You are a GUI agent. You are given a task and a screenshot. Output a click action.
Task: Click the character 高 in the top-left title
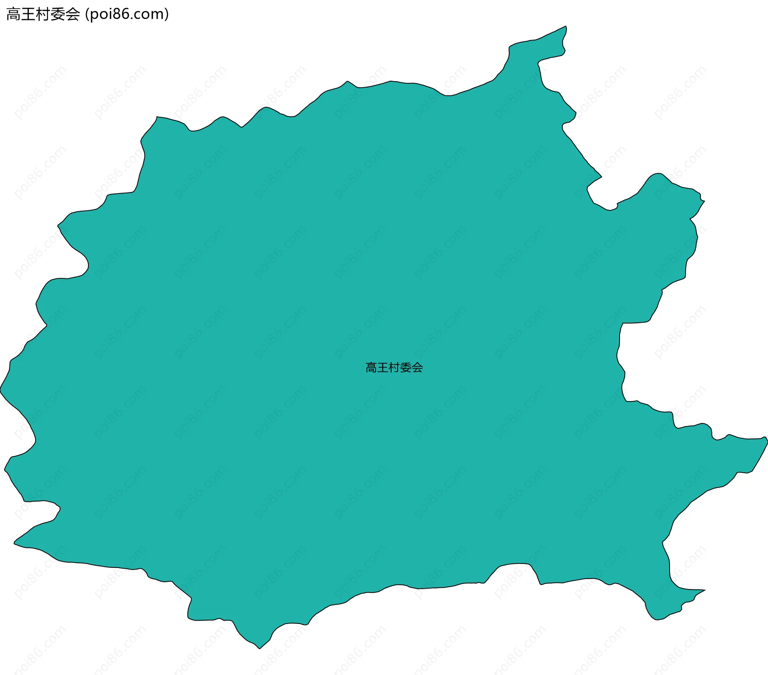coord(14,14)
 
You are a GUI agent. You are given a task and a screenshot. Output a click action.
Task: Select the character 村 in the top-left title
coord(43,14)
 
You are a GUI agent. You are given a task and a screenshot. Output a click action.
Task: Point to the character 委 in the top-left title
coord(58,14)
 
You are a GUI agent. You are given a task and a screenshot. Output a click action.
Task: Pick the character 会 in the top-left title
coord(73,14)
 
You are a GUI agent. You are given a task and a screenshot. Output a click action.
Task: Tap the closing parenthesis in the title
coord(166,14)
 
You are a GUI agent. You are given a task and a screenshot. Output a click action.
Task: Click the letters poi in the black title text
coord(100,14)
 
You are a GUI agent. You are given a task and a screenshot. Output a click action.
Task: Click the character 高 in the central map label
coord(371,367)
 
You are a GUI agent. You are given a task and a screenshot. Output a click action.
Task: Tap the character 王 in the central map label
coord(383,367)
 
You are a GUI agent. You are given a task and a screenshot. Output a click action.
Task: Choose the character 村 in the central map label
coord(394,367)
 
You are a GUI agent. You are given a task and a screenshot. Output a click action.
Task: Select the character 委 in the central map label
coord(406,367)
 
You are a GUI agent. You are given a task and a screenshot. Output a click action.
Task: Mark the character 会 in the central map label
coord(417,367)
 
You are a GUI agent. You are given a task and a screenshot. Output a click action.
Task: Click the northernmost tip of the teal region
coord(566,26)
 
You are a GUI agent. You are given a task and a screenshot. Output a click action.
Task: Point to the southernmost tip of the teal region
coord(260,648)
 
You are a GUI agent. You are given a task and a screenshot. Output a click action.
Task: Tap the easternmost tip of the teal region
coord(767,440)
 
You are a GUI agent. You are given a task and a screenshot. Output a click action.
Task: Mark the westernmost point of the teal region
coord(1,388)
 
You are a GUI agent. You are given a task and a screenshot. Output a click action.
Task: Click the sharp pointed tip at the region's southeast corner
coord(704,590)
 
